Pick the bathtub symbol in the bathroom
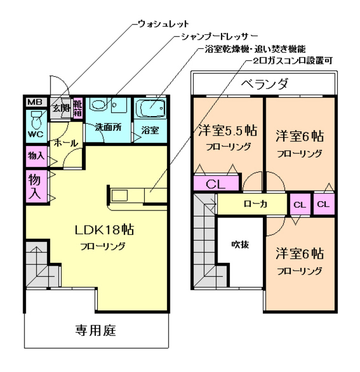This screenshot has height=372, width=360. pos(151,108)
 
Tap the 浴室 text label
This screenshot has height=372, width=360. pos(150,130)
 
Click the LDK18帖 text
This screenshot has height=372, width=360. pos(104,229)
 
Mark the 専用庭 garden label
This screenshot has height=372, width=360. pos(96,331)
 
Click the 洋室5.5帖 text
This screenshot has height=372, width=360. pos(228,129)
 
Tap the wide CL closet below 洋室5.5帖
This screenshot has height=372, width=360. pos(216,184)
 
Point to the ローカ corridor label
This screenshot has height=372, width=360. pos(255,204)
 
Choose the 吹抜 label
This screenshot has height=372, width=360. pos(240,244)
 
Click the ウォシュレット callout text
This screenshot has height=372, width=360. pos(163,24)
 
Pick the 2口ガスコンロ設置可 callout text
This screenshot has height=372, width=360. pos(286,60)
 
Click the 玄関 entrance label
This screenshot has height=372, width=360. pos(60,108)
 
